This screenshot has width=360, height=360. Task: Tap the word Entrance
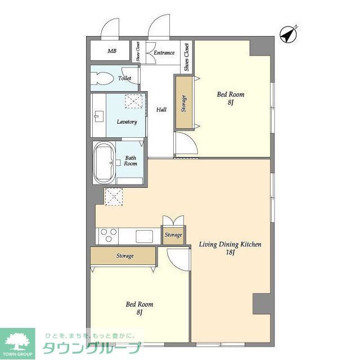click(164, 53)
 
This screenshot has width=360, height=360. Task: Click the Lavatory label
click(127, 121)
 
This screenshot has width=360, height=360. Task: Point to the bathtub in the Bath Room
click(104, 163)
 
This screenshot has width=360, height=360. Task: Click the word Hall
click(161, 110)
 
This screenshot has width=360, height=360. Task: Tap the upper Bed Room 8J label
click(231, 98)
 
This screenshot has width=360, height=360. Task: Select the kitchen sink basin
click(144, 236)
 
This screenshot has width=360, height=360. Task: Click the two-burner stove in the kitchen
click(109, 236)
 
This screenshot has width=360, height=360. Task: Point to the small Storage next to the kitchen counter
click(173, 235)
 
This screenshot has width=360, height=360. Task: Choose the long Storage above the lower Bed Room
click(124, 256)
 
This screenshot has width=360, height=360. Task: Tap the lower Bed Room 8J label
click(138, 308)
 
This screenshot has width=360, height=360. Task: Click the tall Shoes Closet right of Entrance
click(187, 57)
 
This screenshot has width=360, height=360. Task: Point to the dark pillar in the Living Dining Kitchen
click(262, 304)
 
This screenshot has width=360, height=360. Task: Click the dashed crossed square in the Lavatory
click(133, 101)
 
